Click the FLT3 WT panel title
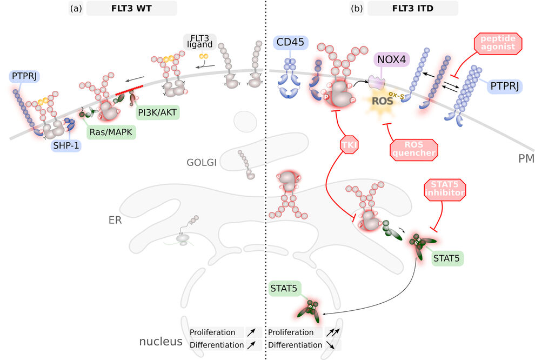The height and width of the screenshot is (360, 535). point(131,8)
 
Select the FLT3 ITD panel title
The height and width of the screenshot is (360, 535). point(412,8)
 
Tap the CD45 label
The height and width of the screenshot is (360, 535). point(290,42)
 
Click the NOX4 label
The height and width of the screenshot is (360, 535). point(391,59)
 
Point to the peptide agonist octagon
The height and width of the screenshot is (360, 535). point(498,43)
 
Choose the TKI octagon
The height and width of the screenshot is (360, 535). point(349,145)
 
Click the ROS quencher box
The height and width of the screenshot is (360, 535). point(413,150)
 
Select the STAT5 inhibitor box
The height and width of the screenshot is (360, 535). point(445,189)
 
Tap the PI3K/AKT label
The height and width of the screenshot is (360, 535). point(157,112)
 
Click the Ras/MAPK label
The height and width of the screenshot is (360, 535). point(111,132)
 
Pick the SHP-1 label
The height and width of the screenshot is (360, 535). point(66,146)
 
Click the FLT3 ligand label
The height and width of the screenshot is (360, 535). point(199,42)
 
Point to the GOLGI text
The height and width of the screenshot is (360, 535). point(202,162)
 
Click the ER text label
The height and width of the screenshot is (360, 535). point(115,220)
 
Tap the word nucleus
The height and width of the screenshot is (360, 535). point(160,341)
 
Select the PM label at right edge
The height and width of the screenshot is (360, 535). point(526,159)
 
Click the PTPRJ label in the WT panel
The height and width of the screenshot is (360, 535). point(24,76)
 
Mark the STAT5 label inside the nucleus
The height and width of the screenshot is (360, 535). point(284,289)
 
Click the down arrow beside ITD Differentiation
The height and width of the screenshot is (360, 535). point(330,345)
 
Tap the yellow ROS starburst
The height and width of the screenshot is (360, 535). point(382,100)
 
